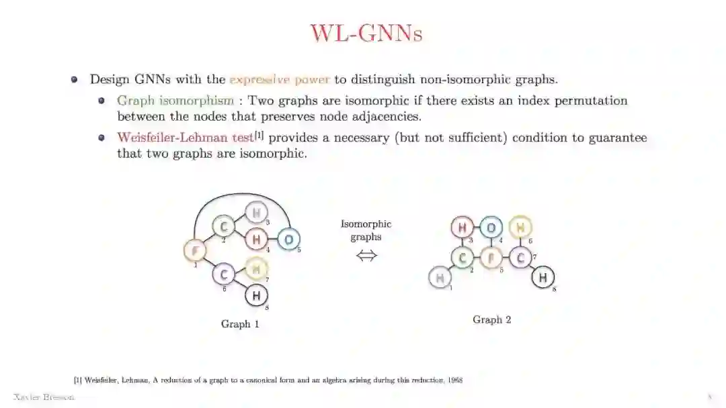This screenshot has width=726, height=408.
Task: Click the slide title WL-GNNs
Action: click(366, 33)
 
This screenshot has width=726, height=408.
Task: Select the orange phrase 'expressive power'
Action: click(280, 79)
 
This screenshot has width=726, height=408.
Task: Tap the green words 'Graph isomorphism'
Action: click(175, 101)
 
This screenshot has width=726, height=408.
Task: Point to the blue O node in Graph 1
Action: click(288, 239)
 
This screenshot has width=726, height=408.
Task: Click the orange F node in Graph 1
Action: click(195, 251)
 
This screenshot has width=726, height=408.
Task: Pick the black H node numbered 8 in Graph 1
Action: click(255, 295)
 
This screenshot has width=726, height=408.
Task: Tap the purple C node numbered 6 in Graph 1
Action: click(224, 274)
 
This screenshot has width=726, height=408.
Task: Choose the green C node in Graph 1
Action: click(223, 227)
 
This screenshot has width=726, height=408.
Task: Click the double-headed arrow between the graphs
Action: click(366, 256)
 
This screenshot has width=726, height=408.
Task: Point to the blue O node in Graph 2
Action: click(491, 227)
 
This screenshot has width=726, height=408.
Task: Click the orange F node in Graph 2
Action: click(491, 257)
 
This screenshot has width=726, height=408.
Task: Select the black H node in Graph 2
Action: click(543, 276)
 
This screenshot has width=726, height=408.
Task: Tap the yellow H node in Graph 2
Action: click(520, 227)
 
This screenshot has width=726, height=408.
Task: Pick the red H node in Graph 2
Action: click(462, 227)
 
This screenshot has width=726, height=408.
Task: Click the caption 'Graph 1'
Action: click(240, 324)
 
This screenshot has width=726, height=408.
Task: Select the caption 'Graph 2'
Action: click(491, 319)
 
